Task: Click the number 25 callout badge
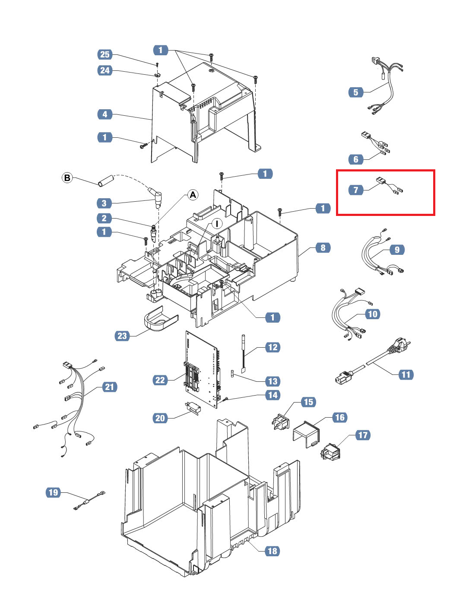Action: click(105, 54)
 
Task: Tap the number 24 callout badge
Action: click(105, 70)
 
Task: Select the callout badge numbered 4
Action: click(105, 114)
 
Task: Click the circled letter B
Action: click(67, 178)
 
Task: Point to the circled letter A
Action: click(193, 195)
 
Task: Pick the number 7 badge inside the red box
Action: click(356, 190)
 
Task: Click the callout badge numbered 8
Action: click(323, 248)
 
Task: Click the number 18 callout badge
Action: click(273, 551)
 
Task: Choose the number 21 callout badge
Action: click(109, 387)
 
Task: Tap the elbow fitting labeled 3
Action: click(156, 197)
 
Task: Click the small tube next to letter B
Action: click(105, 181)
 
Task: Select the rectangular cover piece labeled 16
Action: click(306, 434)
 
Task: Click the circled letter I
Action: click(217, 224)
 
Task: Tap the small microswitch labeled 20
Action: click(193, 408)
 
